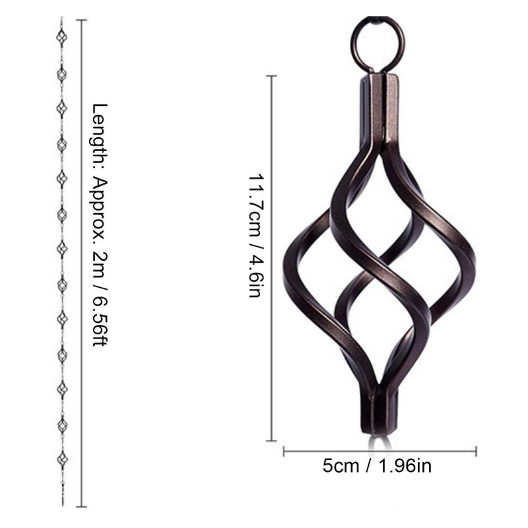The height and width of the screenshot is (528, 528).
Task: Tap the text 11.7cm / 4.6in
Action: [255, 236]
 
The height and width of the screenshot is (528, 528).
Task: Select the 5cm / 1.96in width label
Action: [377, 467]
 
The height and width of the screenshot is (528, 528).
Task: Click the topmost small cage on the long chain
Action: [61, 38]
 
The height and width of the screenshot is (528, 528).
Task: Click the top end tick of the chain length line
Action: [81, 20]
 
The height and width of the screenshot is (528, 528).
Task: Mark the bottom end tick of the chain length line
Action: [81, 506]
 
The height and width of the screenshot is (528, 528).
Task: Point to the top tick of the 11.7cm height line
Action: [271, 76]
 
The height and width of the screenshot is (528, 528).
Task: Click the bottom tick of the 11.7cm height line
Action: [271, 440]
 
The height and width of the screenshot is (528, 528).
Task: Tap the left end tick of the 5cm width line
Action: [284, 451]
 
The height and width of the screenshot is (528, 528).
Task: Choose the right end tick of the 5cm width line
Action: [476, 451]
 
